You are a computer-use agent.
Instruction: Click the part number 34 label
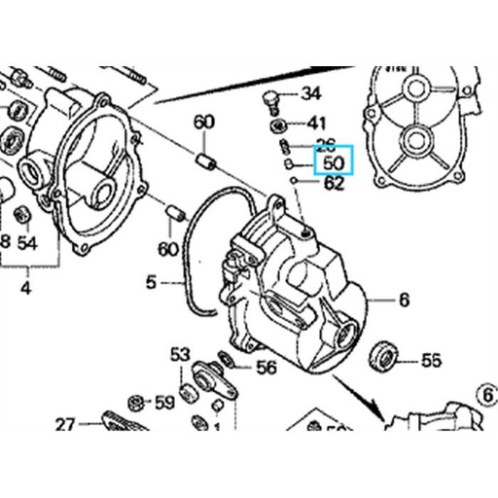tap(310, 94)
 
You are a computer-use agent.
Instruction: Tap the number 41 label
tap(317, 124)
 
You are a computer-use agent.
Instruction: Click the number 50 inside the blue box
tap(334, 162)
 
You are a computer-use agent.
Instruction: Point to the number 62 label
tap(333, 182)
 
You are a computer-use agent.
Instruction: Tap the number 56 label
tap(265, 368)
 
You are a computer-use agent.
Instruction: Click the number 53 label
tap(180, 355)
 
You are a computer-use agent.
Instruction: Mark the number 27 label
tap(65, 424)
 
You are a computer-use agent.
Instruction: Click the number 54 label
tap(27, 241)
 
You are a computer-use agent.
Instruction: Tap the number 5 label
tap(151, 283)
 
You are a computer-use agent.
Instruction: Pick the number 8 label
tap(5, 241)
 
